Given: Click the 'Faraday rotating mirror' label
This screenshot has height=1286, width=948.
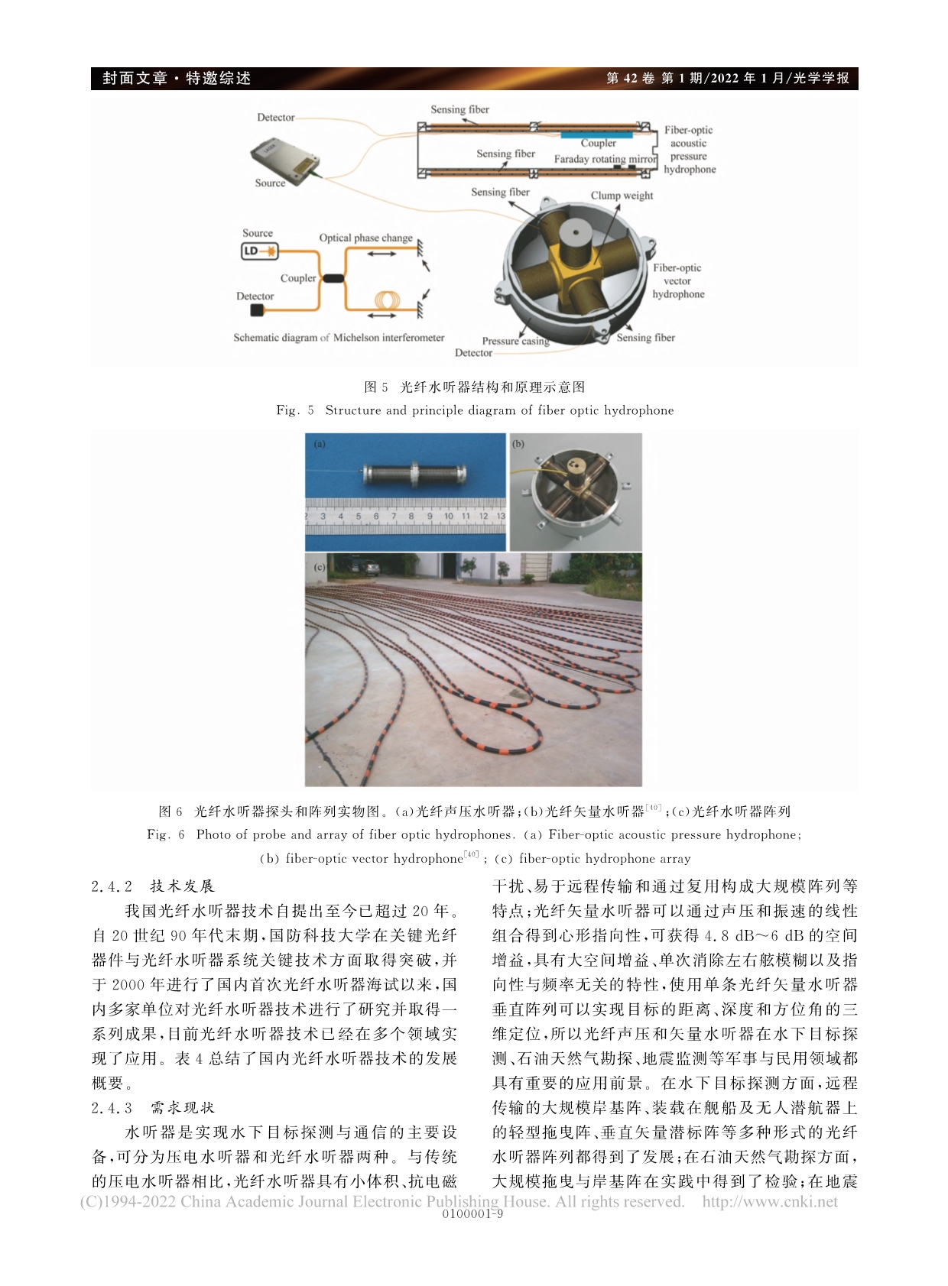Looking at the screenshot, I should (x=605, y=159).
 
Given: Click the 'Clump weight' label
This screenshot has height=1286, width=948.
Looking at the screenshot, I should (x=622, y=196).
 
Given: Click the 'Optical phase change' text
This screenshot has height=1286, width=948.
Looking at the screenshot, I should (x=365, y=238).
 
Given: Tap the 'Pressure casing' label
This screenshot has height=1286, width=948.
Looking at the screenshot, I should (x=515, y=341).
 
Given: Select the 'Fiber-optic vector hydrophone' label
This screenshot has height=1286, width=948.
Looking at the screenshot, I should (x=677, y=280).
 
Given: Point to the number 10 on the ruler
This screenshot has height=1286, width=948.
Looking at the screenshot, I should (x=448, y=517).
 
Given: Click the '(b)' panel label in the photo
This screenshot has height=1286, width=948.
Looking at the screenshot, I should (x=518, y=444).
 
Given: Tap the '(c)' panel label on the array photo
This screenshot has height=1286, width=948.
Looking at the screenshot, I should (x=319, y=567).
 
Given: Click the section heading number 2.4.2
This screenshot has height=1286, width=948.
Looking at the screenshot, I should (x=112, y=886).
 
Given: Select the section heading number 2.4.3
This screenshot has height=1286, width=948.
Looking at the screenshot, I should (x=112, y=1107).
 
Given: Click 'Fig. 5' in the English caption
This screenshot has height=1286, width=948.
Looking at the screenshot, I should (x=295, y=410).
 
